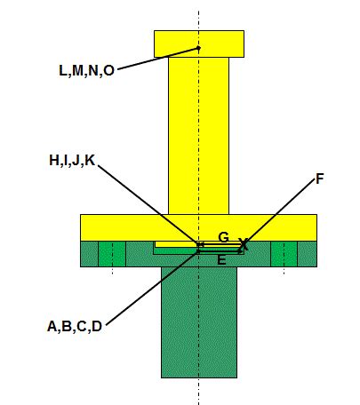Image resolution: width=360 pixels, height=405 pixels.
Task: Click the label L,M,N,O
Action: pos(86,71)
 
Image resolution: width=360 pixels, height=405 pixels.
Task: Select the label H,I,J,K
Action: pos(72,161)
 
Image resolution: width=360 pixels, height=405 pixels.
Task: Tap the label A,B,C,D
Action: pos(75,327)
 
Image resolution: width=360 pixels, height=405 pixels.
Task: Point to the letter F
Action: pos(319,179)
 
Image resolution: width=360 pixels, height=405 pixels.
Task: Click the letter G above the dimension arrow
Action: pos(224,237)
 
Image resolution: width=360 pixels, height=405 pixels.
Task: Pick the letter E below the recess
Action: pos(221,260)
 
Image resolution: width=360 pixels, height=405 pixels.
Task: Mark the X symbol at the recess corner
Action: pos(244,244)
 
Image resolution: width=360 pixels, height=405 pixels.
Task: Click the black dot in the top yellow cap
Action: pos(199,48)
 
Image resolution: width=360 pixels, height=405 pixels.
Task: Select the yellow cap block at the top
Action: pos(199,44)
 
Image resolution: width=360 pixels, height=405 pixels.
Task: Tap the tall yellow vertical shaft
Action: pos(198,136)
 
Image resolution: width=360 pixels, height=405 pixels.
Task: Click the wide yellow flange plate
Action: pos(198,227)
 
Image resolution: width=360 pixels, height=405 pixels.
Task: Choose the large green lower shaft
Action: pos(199,322)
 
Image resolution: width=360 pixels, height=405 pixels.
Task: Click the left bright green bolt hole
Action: pos(112,254)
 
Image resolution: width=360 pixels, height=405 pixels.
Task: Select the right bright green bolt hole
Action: pos(284,254)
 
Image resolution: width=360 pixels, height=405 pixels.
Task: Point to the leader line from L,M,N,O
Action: pos(158,59)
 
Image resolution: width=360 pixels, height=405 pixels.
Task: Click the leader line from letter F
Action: pos(279,211)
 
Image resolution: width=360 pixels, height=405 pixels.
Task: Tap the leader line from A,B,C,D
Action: pos(152,288)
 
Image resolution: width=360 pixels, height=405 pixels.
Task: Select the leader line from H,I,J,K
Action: pos(148,205)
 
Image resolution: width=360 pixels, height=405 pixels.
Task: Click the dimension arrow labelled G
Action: pos(220,244)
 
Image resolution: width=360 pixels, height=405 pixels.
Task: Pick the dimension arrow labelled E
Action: pos(220,251)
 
